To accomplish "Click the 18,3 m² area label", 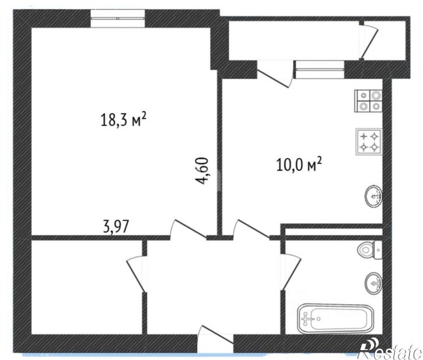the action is [124, 120].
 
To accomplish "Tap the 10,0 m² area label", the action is [299, 165].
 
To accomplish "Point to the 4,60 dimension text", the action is [202, 170].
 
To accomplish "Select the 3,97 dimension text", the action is [116, 227].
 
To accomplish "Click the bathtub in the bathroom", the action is [335, 319].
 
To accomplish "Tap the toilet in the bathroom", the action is [369, 250].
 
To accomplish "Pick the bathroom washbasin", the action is [373, 283].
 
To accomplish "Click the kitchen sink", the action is [374, 196].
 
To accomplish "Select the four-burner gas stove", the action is [369, 142].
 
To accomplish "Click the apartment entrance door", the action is [215, 338].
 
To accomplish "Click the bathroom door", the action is [291, 272].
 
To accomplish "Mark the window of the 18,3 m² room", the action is [118, 18].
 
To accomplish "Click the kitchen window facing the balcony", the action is [320, 69].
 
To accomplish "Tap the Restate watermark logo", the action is [390, 349].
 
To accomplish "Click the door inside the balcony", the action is [369, 40].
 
